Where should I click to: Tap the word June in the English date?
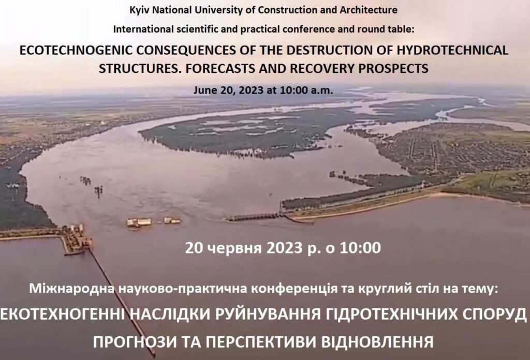click(202, 91)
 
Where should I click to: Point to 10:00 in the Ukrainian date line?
click(360, 248)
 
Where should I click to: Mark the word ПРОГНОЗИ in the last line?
click(135, 342)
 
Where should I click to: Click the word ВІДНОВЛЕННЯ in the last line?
click(377, 342)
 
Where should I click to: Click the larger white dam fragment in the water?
click(139, 222)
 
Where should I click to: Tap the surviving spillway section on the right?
click(254, 217)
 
